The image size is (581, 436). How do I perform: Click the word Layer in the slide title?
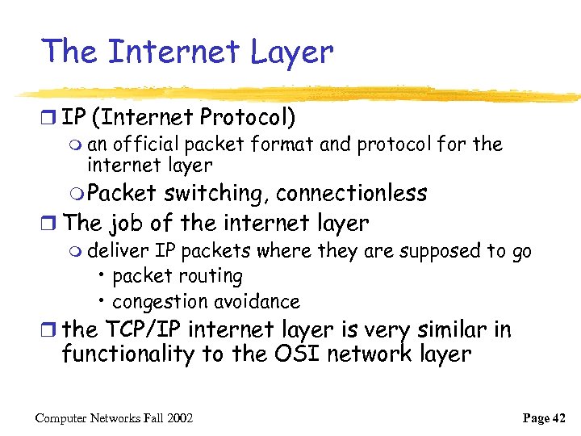click(292, 52)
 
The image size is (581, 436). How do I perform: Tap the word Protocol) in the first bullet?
click(249, 118)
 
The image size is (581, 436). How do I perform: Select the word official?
click(147, 145)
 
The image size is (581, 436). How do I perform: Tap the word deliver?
click(119, 251)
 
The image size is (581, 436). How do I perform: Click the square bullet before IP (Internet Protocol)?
click(51, 119)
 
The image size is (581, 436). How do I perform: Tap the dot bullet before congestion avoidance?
click(101, 301)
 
